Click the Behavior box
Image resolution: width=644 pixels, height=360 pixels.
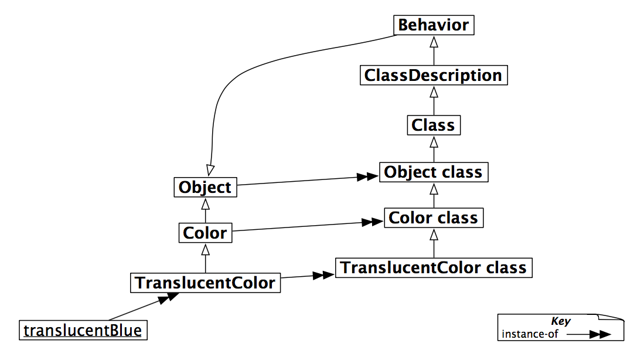tap(433, 25)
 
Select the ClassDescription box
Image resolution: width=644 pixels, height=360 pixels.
tap(433, 76)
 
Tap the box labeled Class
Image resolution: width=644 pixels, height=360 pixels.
tap(433, 125)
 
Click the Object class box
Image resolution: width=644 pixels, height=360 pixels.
tap(433, 172)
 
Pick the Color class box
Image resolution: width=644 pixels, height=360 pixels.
tap(433, 218)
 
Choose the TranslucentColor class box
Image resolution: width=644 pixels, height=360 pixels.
tap(434, 268)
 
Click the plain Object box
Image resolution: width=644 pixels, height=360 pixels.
tap(205, 188)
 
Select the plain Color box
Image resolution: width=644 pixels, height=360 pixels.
tap(205, 233)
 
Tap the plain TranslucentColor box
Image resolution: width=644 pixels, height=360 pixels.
tap(205, 283)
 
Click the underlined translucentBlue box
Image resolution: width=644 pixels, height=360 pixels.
tap(83, 331)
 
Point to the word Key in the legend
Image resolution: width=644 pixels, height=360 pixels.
tap(560, 321)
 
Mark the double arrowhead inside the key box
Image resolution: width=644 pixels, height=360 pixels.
tap(599, 335)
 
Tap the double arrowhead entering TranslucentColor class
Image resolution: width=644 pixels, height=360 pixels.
tap(323, 274)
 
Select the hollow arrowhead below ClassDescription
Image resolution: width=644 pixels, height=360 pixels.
tap(433, 91)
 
